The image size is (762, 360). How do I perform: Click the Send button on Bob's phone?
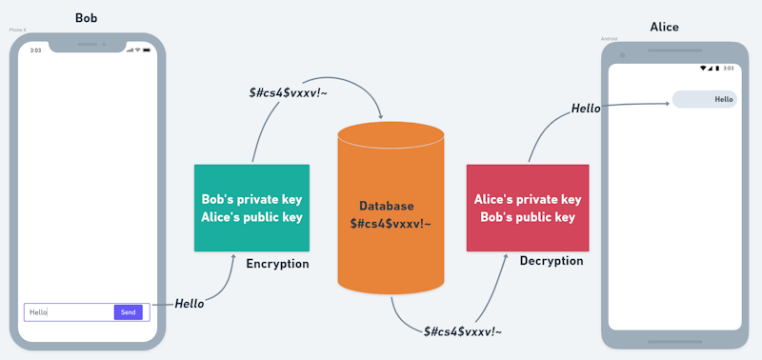point(128,312)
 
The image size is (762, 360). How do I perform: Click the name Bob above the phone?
point(87,18)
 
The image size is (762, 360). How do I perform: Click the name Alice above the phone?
point(664,27)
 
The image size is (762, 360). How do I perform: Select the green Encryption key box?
point(251,208)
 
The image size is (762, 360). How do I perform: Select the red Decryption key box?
point(527,208)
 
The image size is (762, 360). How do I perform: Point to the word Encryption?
point(277,264)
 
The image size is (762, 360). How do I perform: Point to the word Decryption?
point(551,261)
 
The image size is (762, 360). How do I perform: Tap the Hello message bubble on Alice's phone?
point(704,99)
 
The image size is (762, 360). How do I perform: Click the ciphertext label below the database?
point(463,331)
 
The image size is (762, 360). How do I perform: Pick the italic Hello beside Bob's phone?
point(190,304)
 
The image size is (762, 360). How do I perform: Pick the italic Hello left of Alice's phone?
point(586,109)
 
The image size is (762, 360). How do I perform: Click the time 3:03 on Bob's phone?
point(36,50)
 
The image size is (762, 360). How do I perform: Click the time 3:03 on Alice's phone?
point(729,69)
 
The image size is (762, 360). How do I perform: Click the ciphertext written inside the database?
point(391,223)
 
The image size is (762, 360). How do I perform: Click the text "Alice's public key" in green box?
point(251,217)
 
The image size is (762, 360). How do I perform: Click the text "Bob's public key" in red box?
point(527,217)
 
